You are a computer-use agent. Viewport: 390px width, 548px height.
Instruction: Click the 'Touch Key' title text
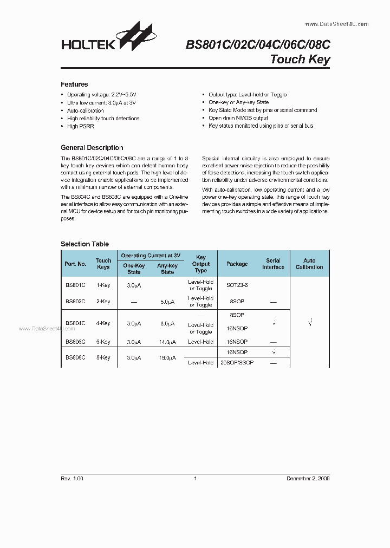[x=300, y=60]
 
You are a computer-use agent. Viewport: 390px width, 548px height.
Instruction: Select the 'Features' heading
[x=74, y=84]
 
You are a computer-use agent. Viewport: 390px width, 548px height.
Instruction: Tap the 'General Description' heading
[x=92, y=148]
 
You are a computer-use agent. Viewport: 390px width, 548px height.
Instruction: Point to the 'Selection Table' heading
[x=84, y=244]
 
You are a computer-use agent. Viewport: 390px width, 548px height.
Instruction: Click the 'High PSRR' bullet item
[x=80, y=126]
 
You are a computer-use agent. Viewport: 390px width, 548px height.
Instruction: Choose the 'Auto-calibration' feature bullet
[x=85, y=110]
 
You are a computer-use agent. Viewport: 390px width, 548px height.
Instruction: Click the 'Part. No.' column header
[x=75, y=264]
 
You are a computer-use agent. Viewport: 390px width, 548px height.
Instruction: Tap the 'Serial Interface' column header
[x=273, y=264]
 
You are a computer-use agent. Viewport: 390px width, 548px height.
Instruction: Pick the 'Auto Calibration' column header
[x=309, y=264]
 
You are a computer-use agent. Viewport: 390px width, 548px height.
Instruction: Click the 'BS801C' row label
[x=75, y=285]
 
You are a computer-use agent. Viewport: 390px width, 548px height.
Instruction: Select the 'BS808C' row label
[x=75, y=358]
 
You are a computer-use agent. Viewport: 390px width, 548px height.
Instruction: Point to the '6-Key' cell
[x=103, y=342]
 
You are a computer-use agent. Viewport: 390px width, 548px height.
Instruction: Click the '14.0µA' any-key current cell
[x=167, y=342]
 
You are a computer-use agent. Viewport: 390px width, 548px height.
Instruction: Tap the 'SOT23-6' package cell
[x=237, y=285]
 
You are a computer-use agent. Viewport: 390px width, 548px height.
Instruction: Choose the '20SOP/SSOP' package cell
[x=237, y=363]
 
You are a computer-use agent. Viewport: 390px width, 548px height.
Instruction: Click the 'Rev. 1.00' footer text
[x=72, y=479]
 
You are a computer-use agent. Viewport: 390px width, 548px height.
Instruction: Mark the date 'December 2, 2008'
[x=308, y=479]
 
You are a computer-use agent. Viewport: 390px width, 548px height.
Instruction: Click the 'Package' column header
[x=237, y=264]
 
